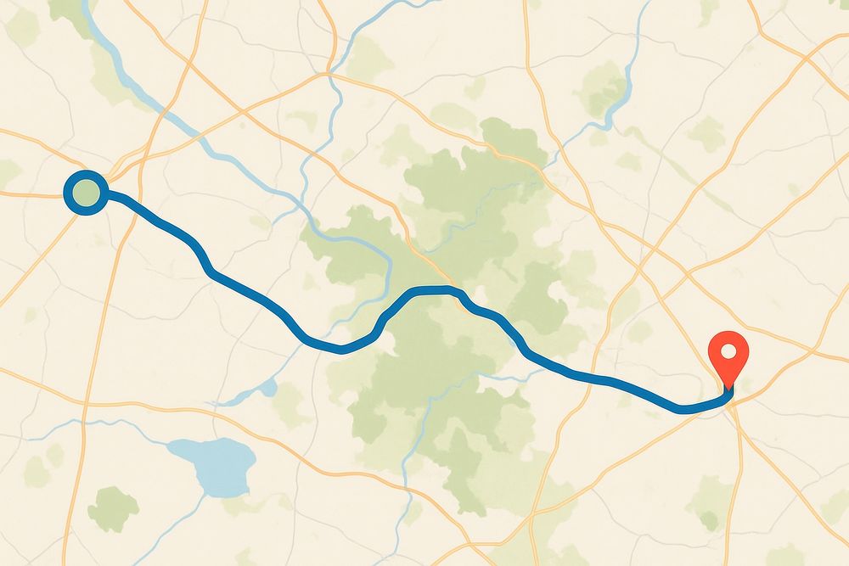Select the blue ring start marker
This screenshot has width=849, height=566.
click(85, 193)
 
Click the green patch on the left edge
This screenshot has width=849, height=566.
click(8, 173)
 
